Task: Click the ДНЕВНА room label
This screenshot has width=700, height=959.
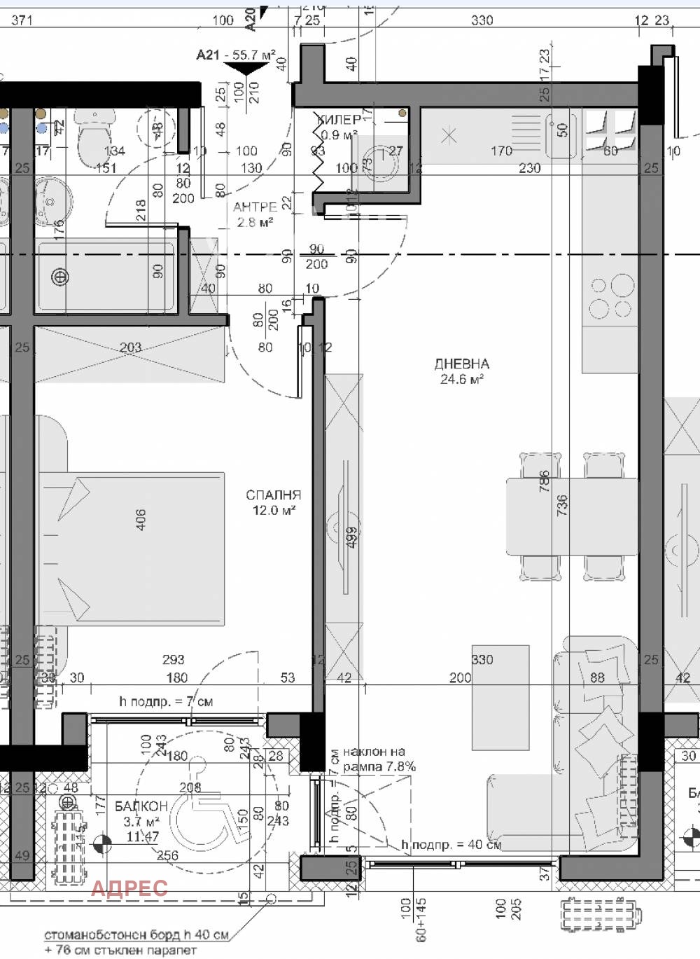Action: point(461,364)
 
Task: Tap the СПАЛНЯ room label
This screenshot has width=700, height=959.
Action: point(273,495)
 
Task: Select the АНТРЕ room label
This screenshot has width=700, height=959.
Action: point(255,207)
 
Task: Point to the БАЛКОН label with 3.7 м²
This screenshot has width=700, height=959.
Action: point(141,806)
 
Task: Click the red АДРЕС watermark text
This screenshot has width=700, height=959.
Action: point(129,888)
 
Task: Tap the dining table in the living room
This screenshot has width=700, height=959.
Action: point(572,516)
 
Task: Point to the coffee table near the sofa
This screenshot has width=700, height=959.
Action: point(500,698)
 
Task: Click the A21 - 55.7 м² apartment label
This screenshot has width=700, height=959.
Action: point(236,55)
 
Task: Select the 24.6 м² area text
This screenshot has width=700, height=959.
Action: point(462,380)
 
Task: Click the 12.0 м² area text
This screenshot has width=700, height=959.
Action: point(274,511)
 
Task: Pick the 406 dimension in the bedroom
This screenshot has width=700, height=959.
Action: point(141,519)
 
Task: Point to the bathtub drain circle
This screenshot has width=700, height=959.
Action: point(61,277)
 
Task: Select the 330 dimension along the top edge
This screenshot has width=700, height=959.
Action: point(482,20)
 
